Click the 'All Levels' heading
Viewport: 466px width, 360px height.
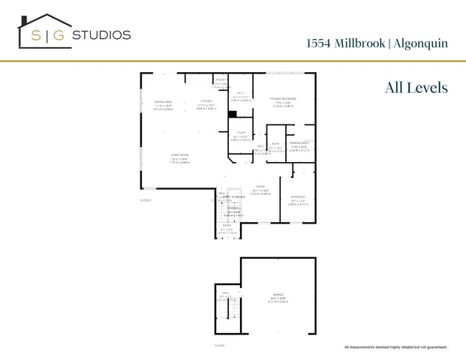(x=416, y=88)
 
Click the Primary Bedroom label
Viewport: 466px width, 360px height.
(x=283, y=98)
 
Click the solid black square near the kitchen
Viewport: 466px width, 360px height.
(x=233, y=114)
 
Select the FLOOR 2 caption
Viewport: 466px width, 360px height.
(x=146, y=200)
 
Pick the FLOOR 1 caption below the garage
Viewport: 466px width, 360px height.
(x=221, y=345)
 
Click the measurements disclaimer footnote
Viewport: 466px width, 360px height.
(x=396, y=346)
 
